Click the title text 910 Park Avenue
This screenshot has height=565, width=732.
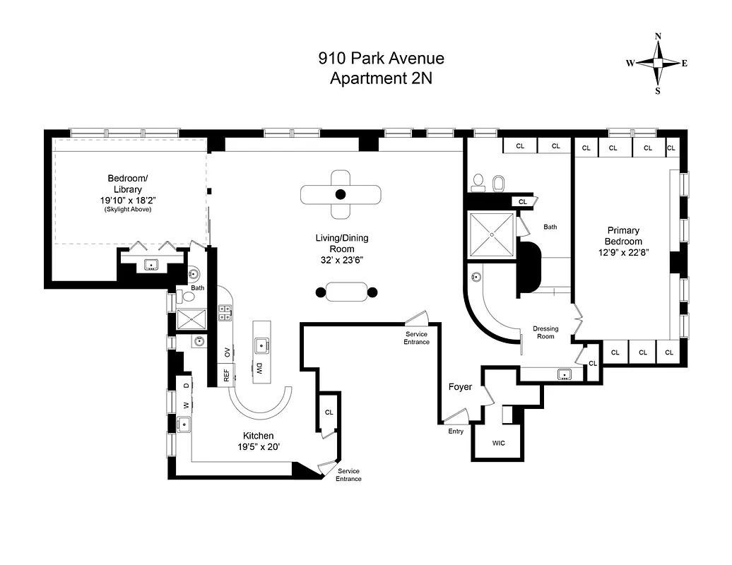tap(381, 59)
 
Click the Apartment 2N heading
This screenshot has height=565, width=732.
tap(381, 78)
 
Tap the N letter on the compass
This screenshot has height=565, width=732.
tap(658, 36)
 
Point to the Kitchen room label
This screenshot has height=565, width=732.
tap(258, 436)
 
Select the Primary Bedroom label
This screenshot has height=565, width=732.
tap(623, 236)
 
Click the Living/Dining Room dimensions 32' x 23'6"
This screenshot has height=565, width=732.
tap(341, 259)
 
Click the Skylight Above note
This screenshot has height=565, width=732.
tap(128, 210)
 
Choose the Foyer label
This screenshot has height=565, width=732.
tap(460, 387)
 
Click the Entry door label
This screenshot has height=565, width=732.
tap(456, 431)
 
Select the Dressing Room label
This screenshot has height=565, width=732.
tap(545, 332)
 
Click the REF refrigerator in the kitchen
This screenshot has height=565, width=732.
tap(227, 375)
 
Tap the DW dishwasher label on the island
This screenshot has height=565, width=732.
tap(259, 369)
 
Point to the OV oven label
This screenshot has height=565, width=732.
tap(227, 352)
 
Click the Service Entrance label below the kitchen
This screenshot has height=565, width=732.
tap(349, 475)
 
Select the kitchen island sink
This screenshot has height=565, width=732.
tap(261, 346)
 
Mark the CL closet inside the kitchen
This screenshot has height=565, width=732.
tap(329, 412)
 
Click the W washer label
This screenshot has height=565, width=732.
tap(187, 405)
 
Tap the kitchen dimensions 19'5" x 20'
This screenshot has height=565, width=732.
tap(258, 446)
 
